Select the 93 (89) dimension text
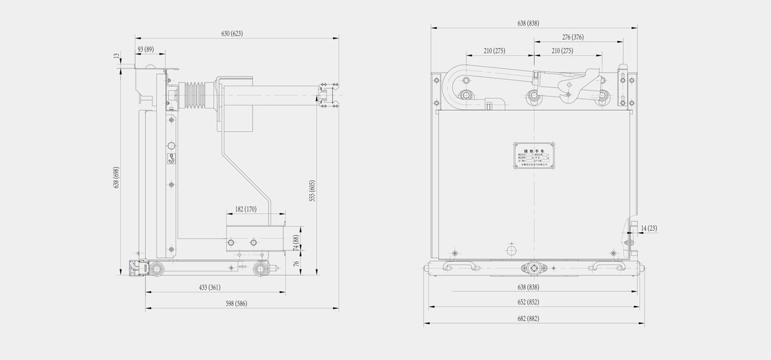pyautogui.click(x=145, y=50)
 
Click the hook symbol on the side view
pyautogui.click(x=172, y=158)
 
